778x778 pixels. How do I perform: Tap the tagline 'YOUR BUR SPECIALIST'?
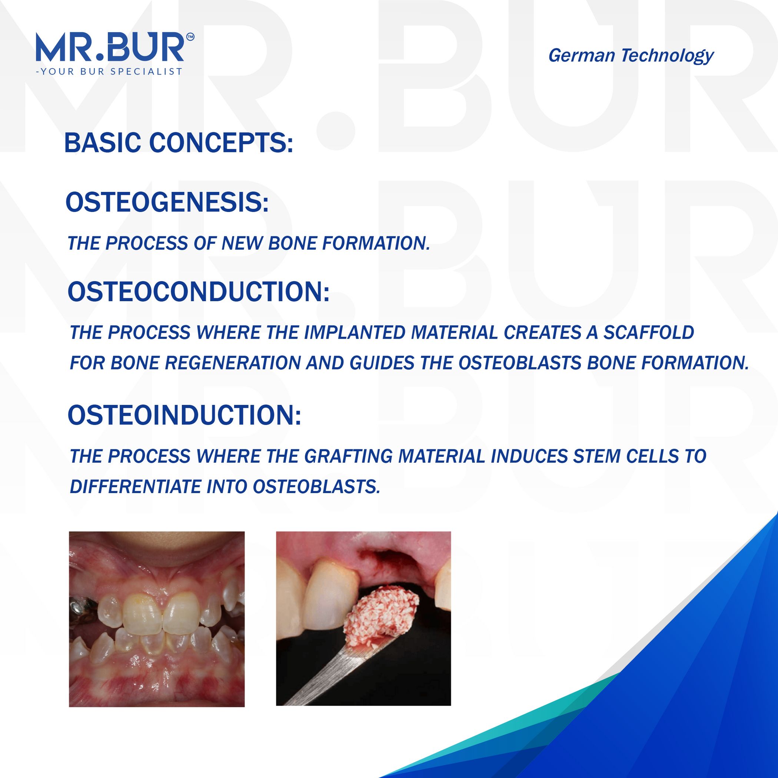(112, 72)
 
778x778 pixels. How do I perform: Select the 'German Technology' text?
(631, 56)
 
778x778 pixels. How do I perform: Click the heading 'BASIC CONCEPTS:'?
(179, 143)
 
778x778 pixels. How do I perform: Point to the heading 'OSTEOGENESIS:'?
(167, 202)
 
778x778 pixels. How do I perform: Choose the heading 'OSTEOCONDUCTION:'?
(199, 292)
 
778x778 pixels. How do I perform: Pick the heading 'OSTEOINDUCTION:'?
(184, 415)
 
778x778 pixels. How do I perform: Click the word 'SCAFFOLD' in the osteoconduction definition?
(649, 333)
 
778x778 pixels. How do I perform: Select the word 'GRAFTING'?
(348, 457)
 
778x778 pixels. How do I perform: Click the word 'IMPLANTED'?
(355, 333)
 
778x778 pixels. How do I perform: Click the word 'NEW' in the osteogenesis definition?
(242, 243)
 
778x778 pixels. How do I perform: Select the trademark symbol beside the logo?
(190, 37)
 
